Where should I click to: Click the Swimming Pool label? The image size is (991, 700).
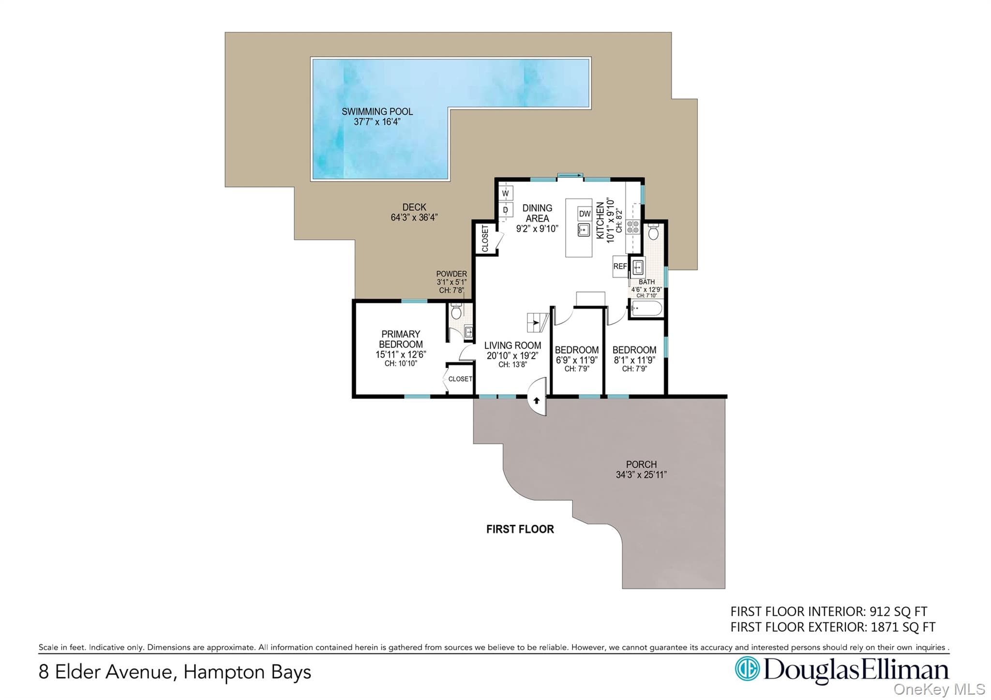coord(377,111)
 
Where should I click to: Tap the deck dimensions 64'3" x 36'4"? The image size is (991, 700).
coord(414,218)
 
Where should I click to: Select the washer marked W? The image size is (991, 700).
coord(506,194)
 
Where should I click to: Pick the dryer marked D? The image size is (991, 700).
coord(506,210)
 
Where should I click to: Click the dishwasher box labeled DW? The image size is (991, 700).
coord(585,214)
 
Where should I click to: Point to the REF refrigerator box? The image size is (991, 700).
coord(620,267)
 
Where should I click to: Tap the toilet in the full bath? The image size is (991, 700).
coord(653,232)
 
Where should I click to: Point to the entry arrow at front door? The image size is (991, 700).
coord(536,401)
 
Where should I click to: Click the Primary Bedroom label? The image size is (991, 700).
coord(401,339)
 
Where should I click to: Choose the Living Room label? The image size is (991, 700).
coord(512,345)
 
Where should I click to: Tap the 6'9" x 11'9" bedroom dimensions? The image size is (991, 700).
coord(577,360)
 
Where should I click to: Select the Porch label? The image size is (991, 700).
coord(641,464)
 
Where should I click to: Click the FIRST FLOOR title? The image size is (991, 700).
coord(520,529)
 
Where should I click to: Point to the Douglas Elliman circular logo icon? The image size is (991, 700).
coord(747,669)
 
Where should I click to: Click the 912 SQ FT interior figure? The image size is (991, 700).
coord(898,612)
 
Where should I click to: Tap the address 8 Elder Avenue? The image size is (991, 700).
coord(105,672)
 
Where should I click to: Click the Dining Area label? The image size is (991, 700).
coord(537,213)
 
